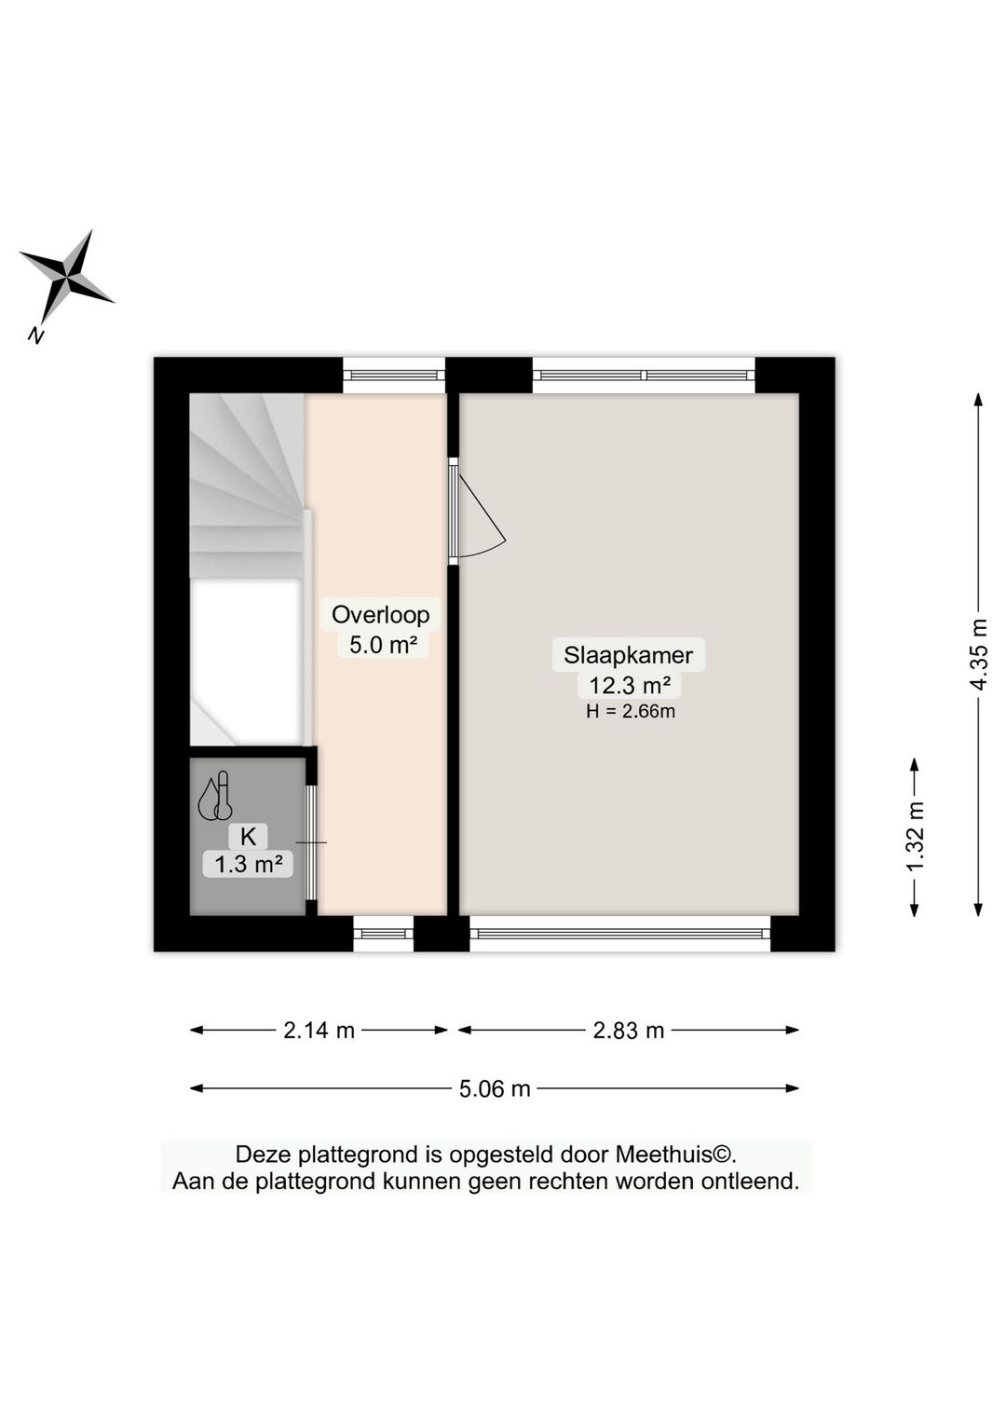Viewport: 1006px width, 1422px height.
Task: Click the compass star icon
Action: [x=66, y=277]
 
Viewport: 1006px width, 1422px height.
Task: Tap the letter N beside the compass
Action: [x=36, y=335]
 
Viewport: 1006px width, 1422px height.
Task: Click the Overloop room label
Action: [x=380, y=614]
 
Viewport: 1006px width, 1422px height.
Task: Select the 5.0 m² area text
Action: [x=382, y=644]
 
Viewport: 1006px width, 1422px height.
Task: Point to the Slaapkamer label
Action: [x=628, y=654]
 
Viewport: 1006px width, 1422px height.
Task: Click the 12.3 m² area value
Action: [x=630, y=686]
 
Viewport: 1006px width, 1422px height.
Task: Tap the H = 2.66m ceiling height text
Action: [x=630, y=712]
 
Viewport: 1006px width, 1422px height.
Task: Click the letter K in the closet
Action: [x=248, y=836]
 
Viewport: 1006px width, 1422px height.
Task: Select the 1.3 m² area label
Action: [x=248, y=865]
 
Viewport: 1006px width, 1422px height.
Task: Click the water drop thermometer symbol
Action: [x=215, y=798]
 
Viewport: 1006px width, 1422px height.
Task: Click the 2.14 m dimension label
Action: [x=319, y=1030]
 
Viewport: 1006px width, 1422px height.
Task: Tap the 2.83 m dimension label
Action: [x=629, y=1030]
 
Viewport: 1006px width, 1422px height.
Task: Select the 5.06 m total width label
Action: [x=495, y=1087]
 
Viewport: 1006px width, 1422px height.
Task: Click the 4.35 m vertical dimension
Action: [x=978, y=654]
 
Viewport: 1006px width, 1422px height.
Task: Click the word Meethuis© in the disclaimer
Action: [x=675, y=1155]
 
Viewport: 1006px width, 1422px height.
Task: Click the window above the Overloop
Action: [x=393, y=376]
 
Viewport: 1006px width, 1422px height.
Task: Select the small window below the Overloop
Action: [x=383, y=934]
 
